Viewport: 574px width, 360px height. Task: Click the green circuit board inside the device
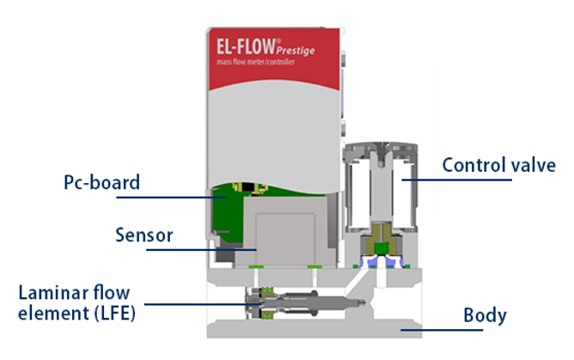tap(230, 206)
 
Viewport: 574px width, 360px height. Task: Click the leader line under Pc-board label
tap(163, 198)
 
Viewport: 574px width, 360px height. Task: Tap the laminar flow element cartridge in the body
tap(301, 302)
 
